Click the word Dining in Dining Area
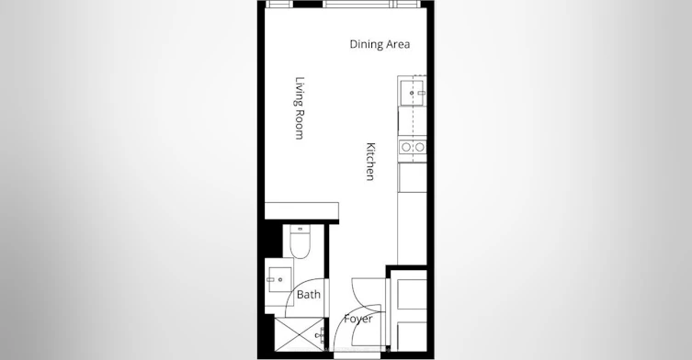367,44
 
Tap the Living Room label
300,108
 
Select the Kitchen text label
370,162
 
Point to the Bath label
309,294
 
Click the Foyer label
358,319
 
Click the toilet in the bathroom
301,242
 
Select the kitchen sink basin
412,93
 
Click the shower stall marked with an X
299,334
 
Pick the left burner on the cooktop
405,147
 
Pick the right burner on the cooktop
420,147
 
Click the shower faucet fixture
321,336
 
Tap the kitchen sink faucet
421,93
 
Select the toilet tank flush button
301,229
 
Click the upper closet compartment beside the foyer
412,294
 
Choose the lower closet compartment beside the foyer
412,337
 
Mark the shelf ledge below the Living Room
301,211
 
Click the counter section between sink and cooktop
413,121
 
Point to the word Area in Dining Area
398,44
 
